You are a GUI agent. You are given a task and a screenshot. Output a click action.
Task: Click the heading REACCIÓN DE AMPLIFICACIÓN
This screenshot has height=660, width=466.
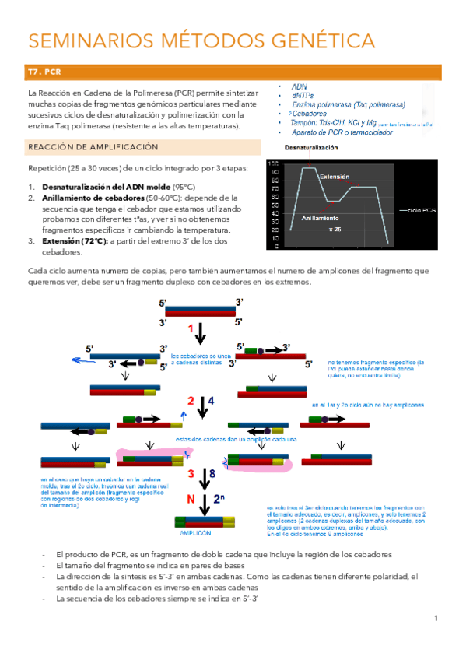point(93,146)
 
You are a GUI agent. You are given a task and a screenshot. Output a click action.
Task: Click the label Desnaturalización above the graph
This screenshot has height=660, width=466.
point(311,147)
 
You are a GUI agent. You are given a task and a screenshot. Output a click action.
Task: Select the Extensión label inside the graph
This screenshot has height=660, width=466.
point(334,177)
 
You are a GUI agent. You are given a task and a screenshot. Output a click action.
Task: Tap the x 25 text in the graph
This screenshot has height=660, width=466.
point(335,230)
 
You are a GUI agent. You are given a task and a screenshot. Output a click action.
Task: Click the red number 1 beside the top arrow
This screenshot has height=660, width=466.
point(191,330)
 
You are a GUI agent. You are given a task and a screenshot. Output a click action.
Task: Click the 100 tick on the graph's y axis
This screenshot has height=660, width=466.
point(272,163)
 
